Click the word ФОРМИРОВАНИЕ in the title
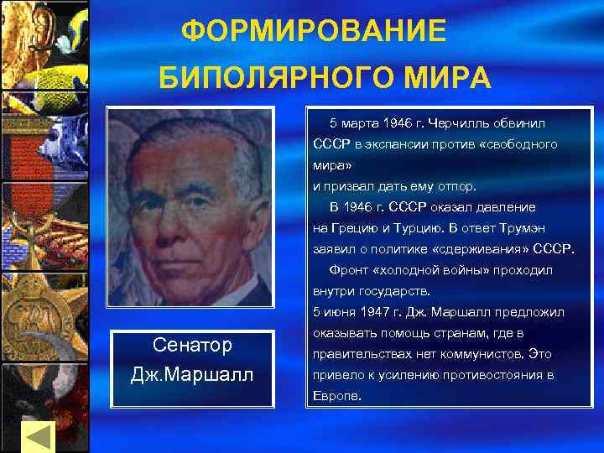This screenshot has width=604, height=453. (x=315, y=32)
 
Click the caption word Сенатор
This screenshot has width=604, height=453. (x=192, y=346)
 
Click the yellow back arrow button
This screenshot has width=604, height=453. (x=37, y=437)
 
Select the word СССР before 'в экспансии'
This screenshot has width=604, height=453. (x=331, y=145)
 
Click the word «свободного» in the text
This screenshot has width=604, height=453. (x=518, y=145)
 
